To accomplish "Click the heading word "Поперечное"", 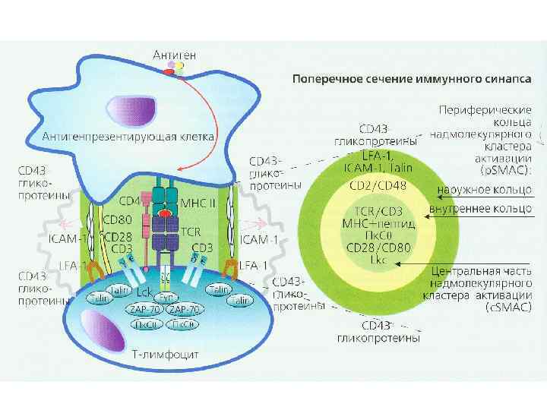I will [x=324, y=77].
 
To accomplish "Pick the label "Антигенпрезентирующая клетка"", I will [x=129, y=137].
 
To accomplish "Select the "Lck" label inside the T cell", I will [x=145, y=292].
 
